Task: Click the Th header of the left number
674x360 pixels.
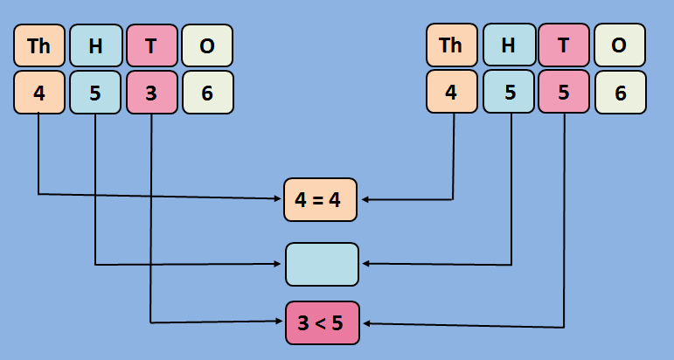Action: (39, 47)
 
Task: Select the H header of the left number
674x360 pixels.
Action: (95, 47)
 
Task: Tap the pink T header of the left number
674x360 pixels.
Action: (151, 47)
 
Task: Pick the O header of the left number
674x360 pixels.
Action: (207, 47)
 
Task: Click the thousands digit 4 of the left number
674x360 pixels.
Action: (39, 93)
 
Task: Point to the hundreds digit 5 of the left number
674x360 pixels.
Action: (95, 93)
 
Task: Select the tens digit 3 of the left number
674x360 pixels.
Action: (151, 93)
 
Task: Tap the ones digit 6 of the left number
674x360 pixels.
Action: (207, 93)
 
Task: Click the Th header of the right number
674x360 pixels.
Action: (452, 45)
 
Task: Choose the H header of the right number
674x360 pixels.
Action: (508, 45)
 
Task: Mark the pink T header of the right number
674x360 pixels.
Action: (564, 45)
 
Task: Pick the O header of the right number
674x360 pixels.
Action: (620, 45)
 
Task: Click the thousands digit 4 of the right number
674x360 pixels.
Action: (452, 93)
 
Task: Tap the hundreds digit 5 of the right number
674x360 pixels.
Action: (508, 93)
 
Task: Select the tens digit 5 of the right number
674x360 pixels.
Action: (564, 93)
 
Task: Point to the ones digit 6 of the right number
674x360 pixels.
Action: (620, 93)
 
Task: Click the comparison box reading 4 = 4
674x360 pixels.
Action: (321, 199)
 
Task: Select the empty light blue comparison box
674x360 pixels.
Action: (322, 264)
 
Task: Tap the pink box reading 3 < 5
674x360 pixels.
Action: (322, 322)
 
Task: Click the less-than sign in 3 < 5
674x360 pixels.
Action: (321, 323)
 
